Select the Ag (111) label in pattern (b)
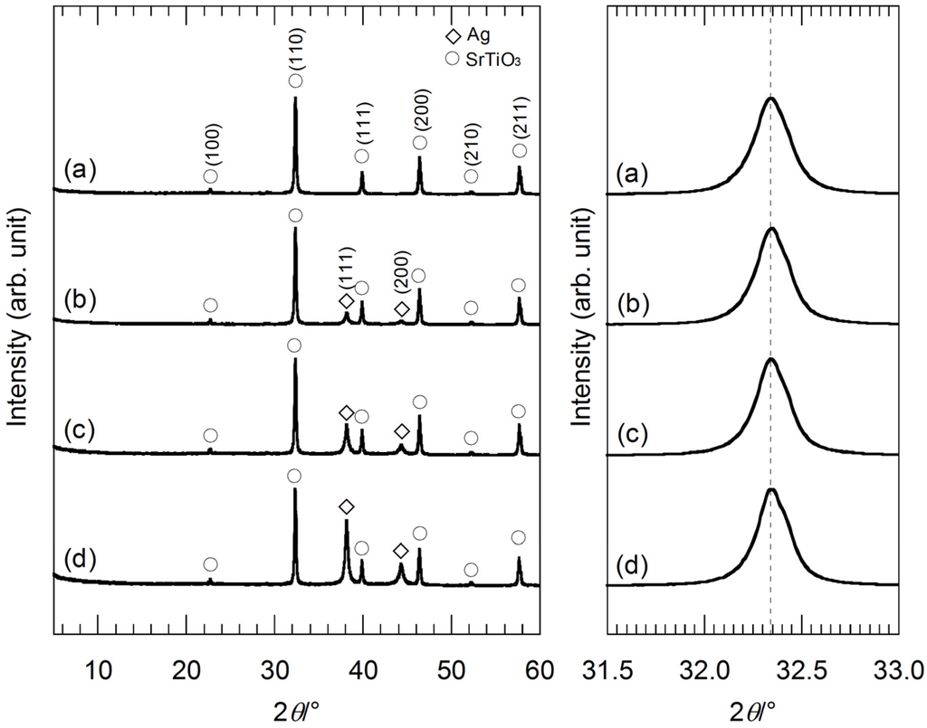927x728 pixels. click(x=345, y=267)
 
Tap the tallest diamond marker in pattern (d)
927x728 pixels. click(x=346, y=506)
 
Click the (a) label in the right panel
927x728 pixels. click(x=631, y=171)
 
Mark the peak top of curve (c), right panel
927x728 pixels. click(x=771, y=360)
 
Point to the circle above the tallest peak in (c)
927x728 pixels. click(x=294, y=346)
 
